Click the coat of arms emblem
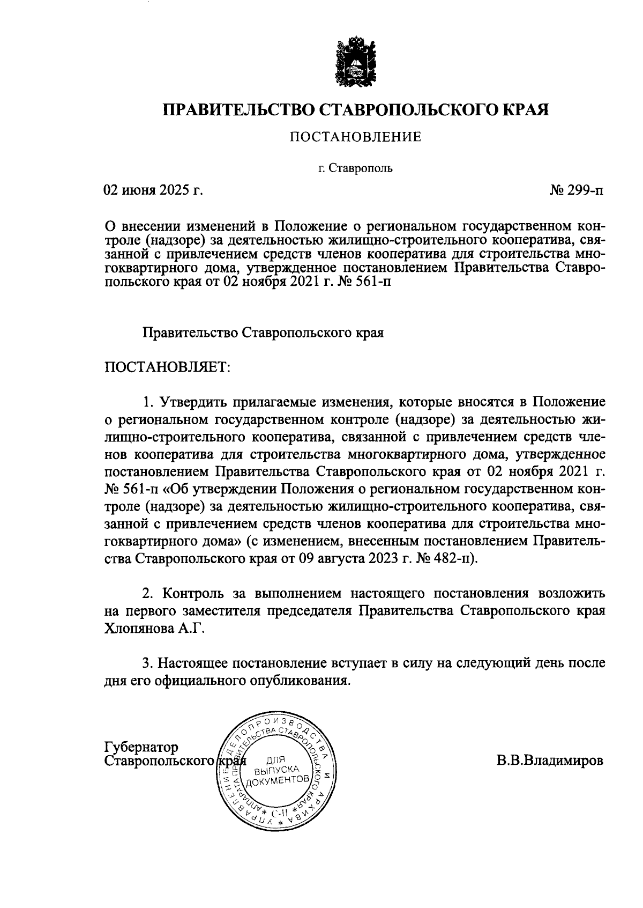tap(356, 61)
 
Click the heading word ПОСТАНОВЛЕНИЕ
tap(356, 138)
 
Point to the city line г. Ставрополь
tap(356, 169)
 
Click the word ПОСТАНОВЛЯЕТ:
tap(167, 368)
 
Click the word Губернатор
tap(141, 747)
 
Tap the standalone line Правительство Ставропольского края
tap(263, 333)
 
